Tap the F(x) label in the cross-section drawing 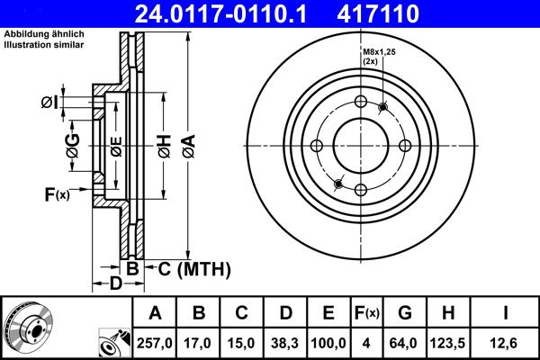pos(56,194)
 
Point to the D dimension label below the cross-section pos(116,285)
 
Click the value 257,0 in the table pos(155,342)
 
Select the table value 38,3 pos(285,342)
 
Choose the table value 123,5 pos(449,342)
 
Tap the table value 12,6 pos(506,342)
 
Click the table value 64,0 pos(405,342)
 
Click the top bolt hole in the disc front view pos(360,103)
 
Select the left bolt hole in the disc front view pos(316,147)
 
